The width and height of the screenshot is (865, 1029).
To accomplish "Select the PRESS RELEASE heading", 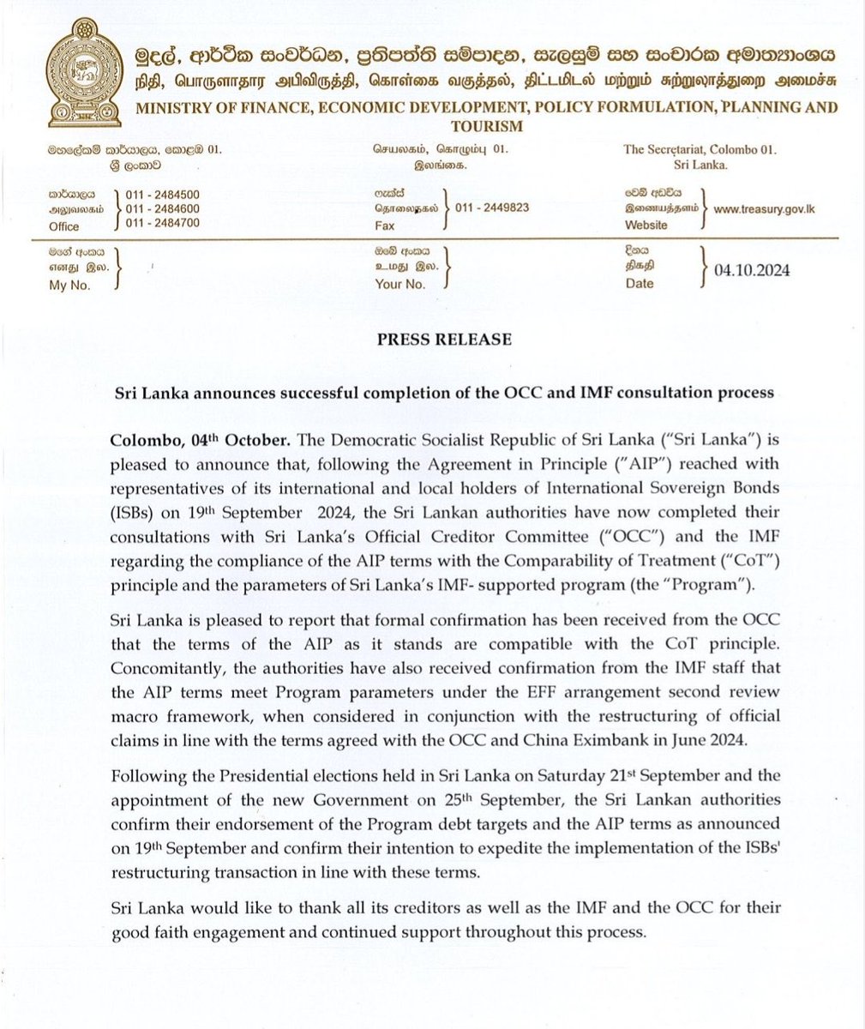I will coord(444,340).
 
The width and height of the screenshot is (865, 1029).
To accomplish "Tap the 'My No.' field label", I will coord(69,285).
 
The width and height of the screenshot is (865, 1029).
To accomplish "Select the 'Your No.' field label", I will coord(399,285).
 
